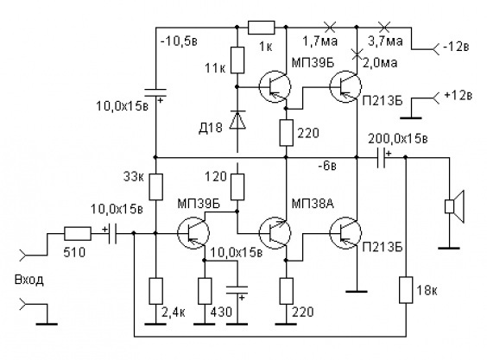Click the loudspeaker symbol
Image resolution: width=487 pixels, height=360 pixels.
click(x=454, y=206)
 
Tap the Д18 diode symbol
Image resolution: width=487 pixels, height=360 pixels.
click(x=237, y=120)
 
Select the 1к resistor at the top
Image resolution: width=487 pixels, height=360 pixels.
click(x=262, y=28)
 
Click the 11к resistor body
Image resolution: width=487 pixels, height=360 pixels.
click(x=237, y=60)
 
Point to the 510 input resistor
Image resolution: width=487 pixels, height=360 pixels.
click(x=78, y=234)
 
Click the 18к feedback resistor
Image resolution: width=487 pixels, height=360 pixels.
click(x=406, y=290)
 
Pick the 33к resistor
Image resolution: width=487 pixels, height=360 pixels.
click(x=156, y=186)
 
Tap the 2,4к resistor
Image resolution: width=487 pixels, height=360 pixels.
click(x=156, y=291)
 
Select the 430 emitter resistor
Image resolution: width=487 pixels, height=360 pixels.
click(x=205, y=291)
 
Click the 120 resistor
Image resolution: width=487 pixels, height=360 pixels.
click(x=237, y=186)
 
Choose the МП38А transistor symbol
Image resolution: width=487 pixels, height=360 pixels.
click(x=275, y=232)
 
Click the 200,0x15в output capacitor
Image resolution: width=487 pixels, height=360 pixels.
click(x=382, y=157)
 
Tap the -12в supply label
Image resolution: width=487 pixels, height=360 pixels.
click(x=456, y=47)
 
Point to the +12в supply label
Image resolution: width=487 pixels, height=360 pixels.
click(x=459, y=95)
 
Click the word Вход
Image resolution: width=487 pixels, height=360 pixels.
click(x=29, y=281)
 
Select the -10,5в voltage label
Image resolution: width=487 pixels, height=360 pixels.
click(x=179, y=41)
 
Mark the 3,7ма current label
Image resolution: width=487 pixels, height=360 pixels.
click(x=385, y=41)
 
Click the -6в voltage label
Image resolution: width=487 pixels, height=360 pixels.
click(x=327, y=166)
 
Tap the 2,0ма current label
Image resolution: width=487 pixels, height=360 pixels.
click(x=380, y=63)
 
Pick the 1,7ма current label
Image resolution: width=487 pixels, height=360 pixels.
click(x=320, y=41)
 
